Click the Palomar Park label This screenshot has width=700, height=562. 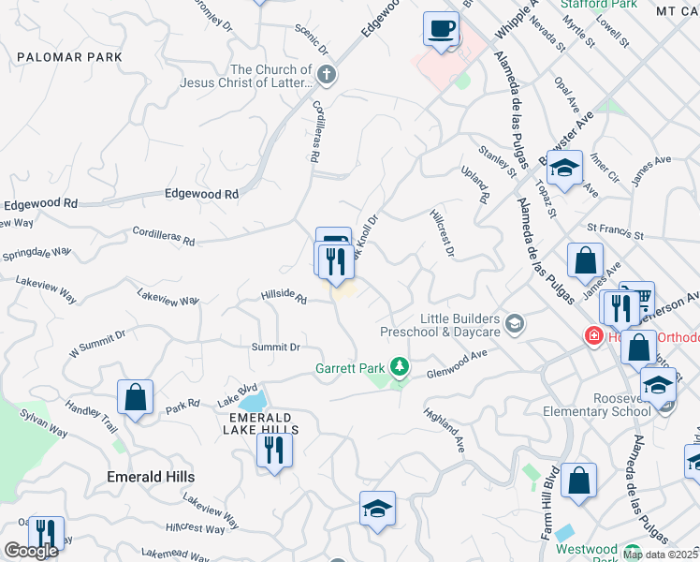coord(69,57)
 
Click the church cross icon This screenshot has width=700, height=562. coord(326,75)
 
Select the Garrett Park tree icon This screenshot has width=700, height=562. coord(400,366)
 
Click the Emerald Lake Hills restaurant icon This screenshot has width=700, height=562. coord(274,451)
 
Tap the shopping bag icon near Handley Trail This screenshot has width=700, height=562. coord(136,396)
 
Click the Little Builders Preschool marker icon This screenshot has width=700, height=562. coord(513,324)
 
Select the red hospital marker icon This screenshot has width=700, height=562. coord(593,336)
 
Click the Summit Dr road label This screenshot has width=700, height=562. coord(275,347)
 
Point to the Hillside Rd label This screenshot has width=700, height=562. coord(284,298)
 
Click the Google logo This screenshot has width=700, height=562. coord(30,551)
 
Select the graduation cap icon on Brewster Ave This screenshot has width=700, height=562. coord(564,168)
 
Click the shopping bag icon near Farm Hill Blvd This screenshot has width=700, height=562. coord(579,481)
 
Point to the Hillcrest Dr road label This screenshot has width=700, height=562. coord(442,232)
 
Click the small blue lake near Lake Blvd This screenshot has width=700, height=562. coord(254,401)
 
